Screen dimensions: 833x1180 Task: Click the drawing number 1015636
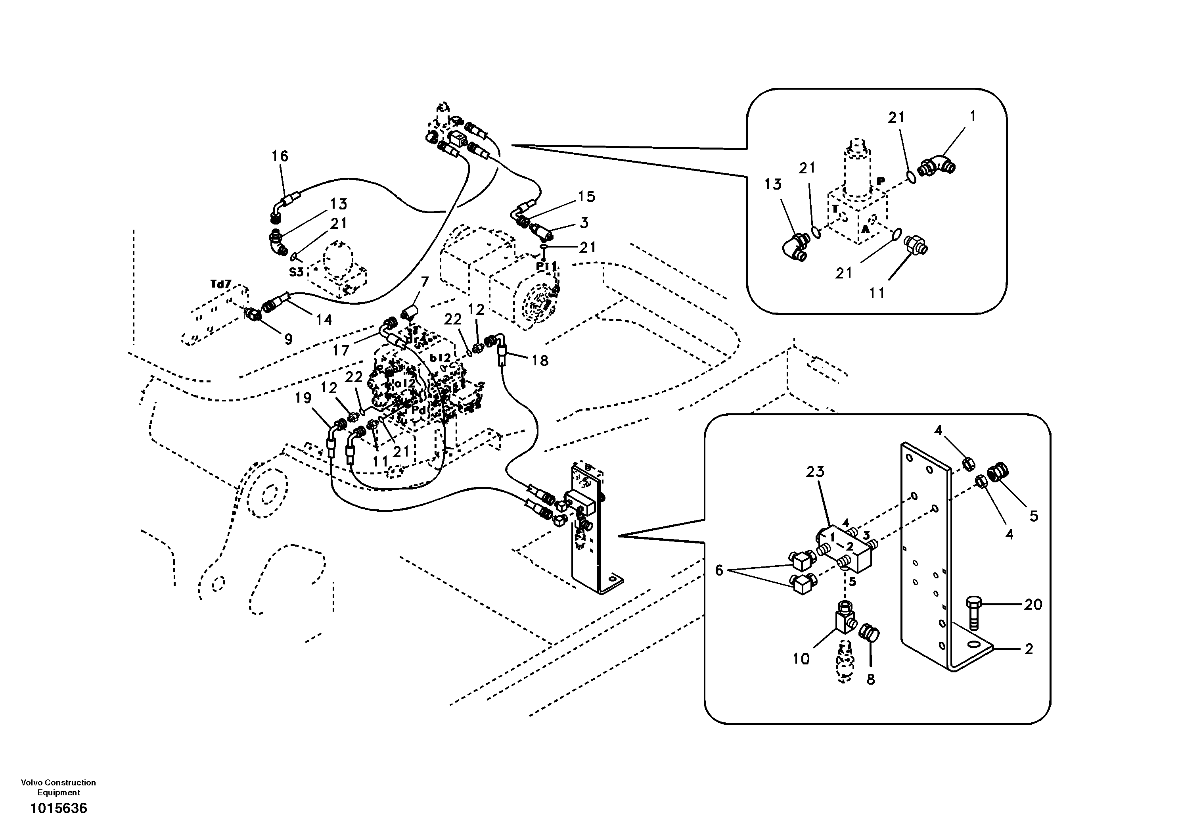point(59,809)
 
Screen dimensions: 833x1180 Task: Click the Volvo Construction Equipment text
point(58,787)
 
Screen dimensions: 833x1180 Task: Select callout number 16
point(280,156)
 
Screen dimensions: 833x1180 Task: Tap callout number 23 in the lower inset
point(815,472)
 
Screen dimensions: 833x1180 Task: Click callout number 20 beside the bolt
point(1032,605)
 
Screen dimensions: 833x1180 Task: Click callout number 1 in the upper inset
point(972,117)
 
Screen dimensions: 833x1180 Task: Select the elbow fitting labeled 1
point(937,165)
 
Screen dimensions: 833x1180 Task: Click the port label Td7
point(221,283)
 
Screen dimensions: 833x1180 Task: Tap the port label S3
point(296,272)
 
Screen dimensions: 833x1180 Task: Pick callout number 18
point(540,361)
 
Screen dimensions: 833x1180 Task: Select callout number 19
point(303,398)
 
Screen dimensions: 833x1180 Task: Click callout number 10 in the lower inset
point(801,659)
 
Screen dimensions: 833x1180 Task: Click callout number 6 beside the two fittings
point(719,570)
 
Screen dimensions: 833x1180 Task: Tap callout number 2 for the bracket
point(1029,649)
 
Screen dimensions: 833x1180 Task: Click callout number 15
point(586,196)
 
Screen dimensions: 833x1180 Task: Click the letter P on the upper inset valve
point(881,181)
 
